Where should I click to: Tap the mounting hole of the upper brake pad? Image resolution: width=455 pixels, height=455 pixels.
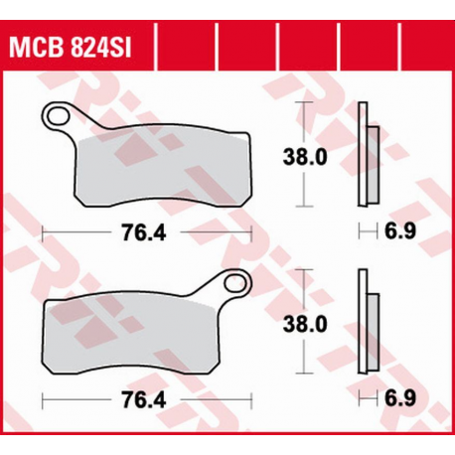[x=66, y=116]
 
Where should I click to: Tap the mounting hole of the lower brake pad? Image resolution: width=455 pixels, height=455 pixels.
[x=235, y=286]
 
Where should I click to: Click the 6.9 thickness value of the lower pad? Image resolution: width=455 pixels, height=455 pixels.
[x=395, y=401]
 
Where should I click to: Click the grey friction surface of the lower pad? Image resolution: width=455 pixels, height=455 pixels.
[x=139, y=335]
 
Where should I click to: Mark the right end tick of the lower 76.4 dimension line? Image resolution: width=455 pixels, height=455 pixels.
[x=252, y=401]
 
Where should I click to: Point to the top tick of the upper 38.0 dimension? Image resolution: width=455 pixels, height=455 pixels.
[x=308, y=102]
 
